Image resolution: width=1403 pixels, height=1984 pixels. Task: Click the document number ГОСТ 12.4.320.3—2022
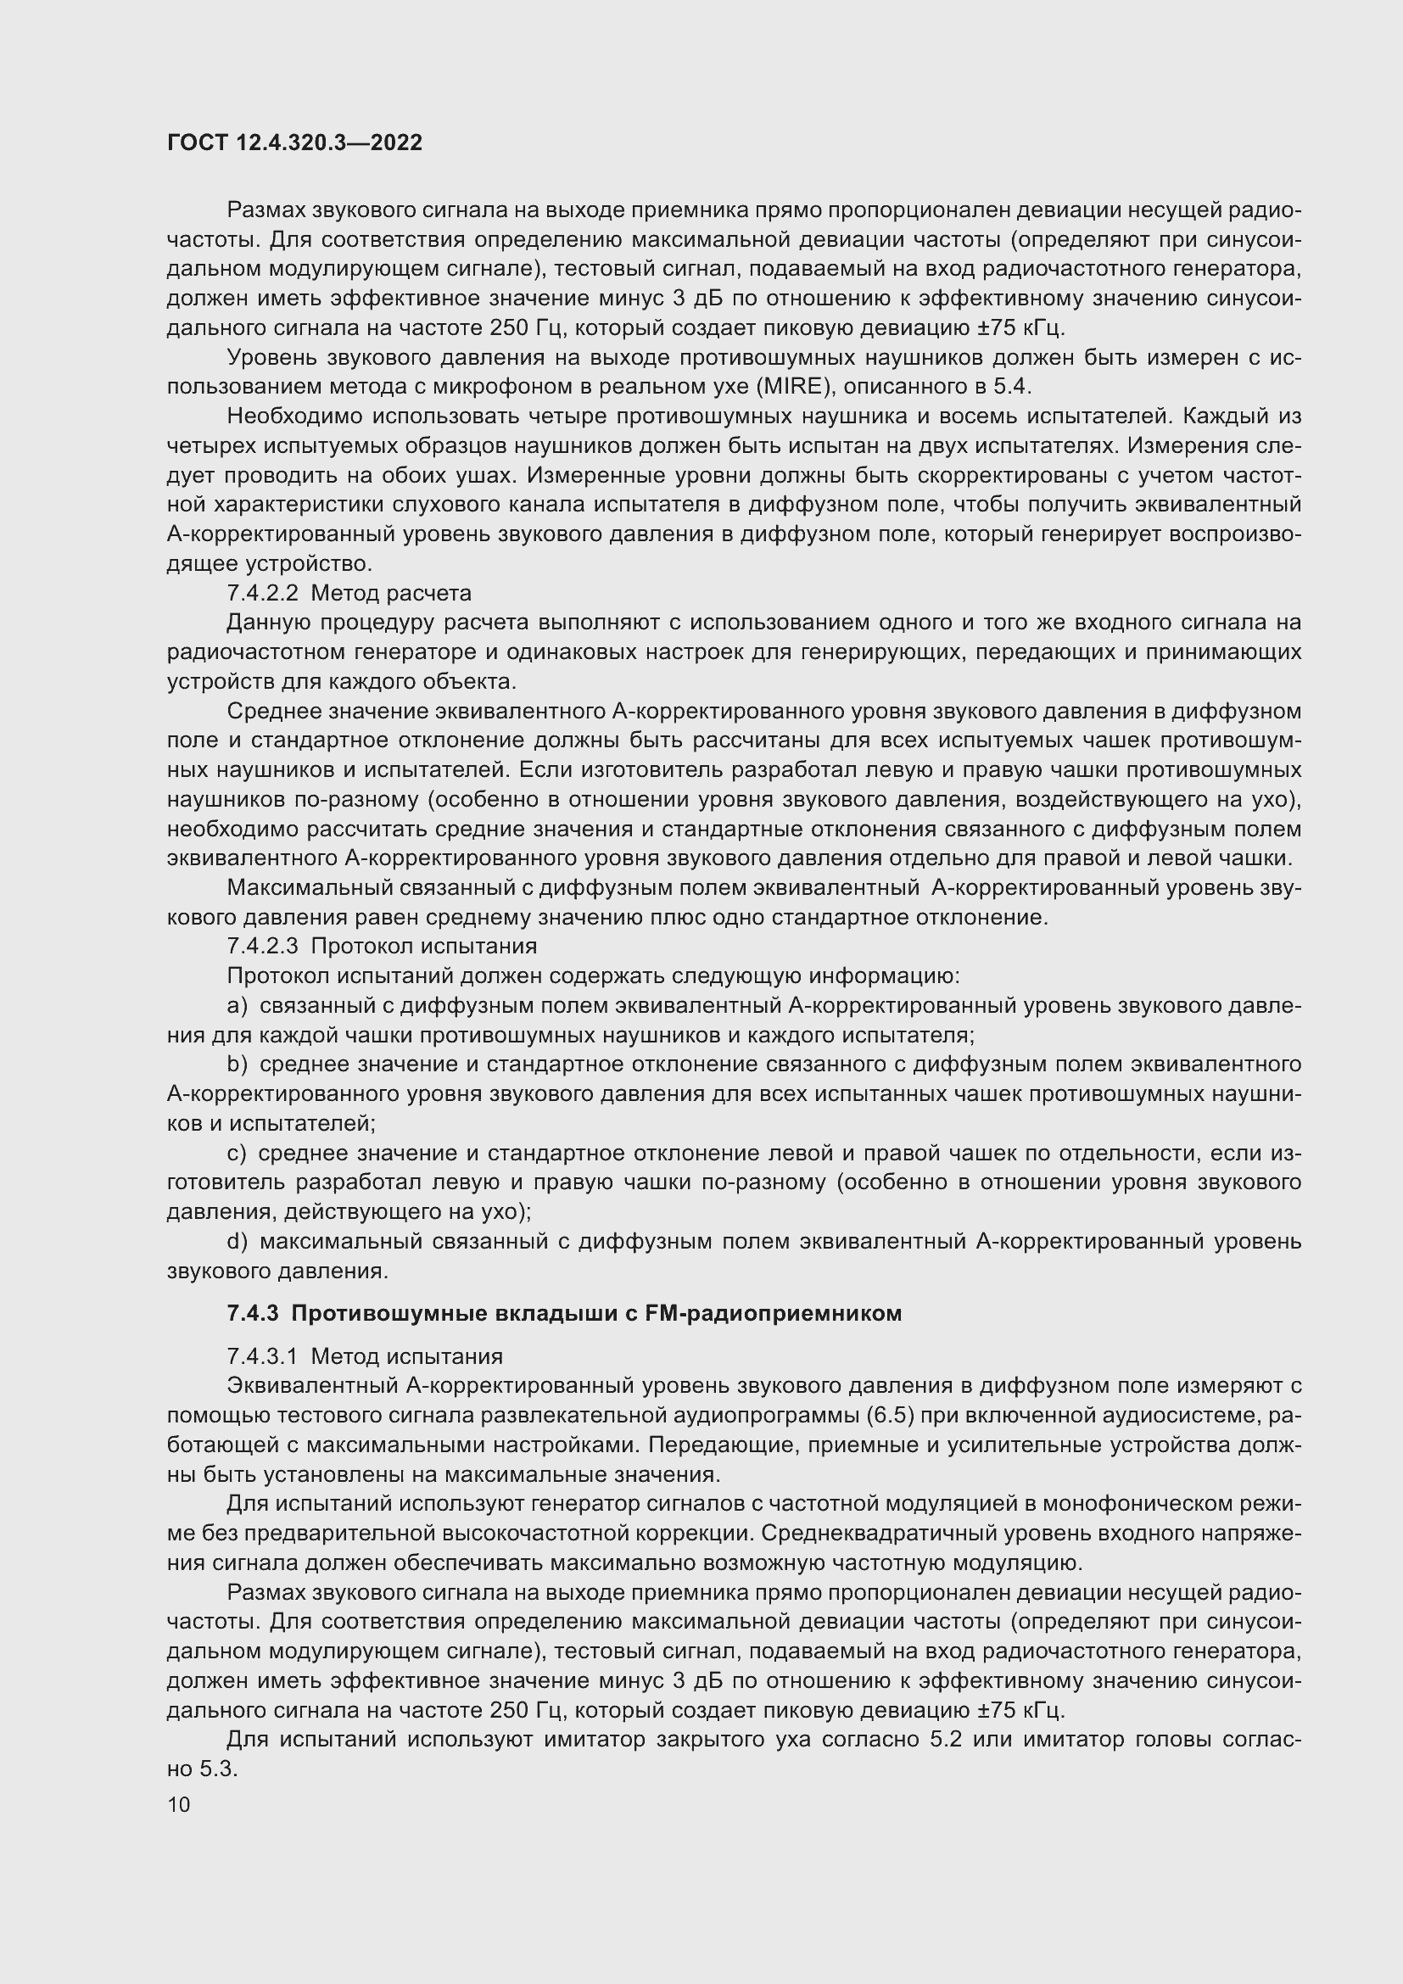294,143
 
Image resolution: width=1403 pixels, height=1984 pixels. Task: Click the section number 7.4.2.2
263,593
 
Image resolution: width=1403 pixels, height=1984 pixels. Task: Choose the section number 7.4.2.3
263,947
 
